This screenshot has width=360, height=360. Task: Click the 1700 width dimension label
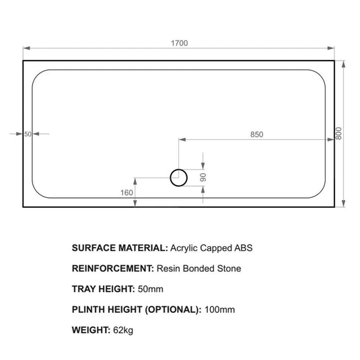coord(179,43)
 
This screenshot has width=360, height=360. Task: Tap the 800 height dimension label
coord(338,133)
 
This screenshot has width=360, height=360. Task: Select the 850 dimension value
coord(256,135)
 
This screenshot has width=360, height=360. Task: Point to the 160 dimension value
coord(127,192)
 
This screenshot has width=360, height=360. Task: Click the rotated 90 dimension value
coord(203,178)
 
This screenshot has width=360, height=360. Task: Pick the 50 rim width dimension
coord(28,134)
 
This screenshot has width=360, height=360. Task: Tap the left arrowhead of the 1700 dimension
coord(26,48)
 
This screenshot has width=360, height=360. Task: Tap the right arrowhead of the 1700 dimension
coord(331,48)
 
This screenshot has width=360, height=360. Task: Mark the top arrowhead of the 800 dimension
coord(343,64)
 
